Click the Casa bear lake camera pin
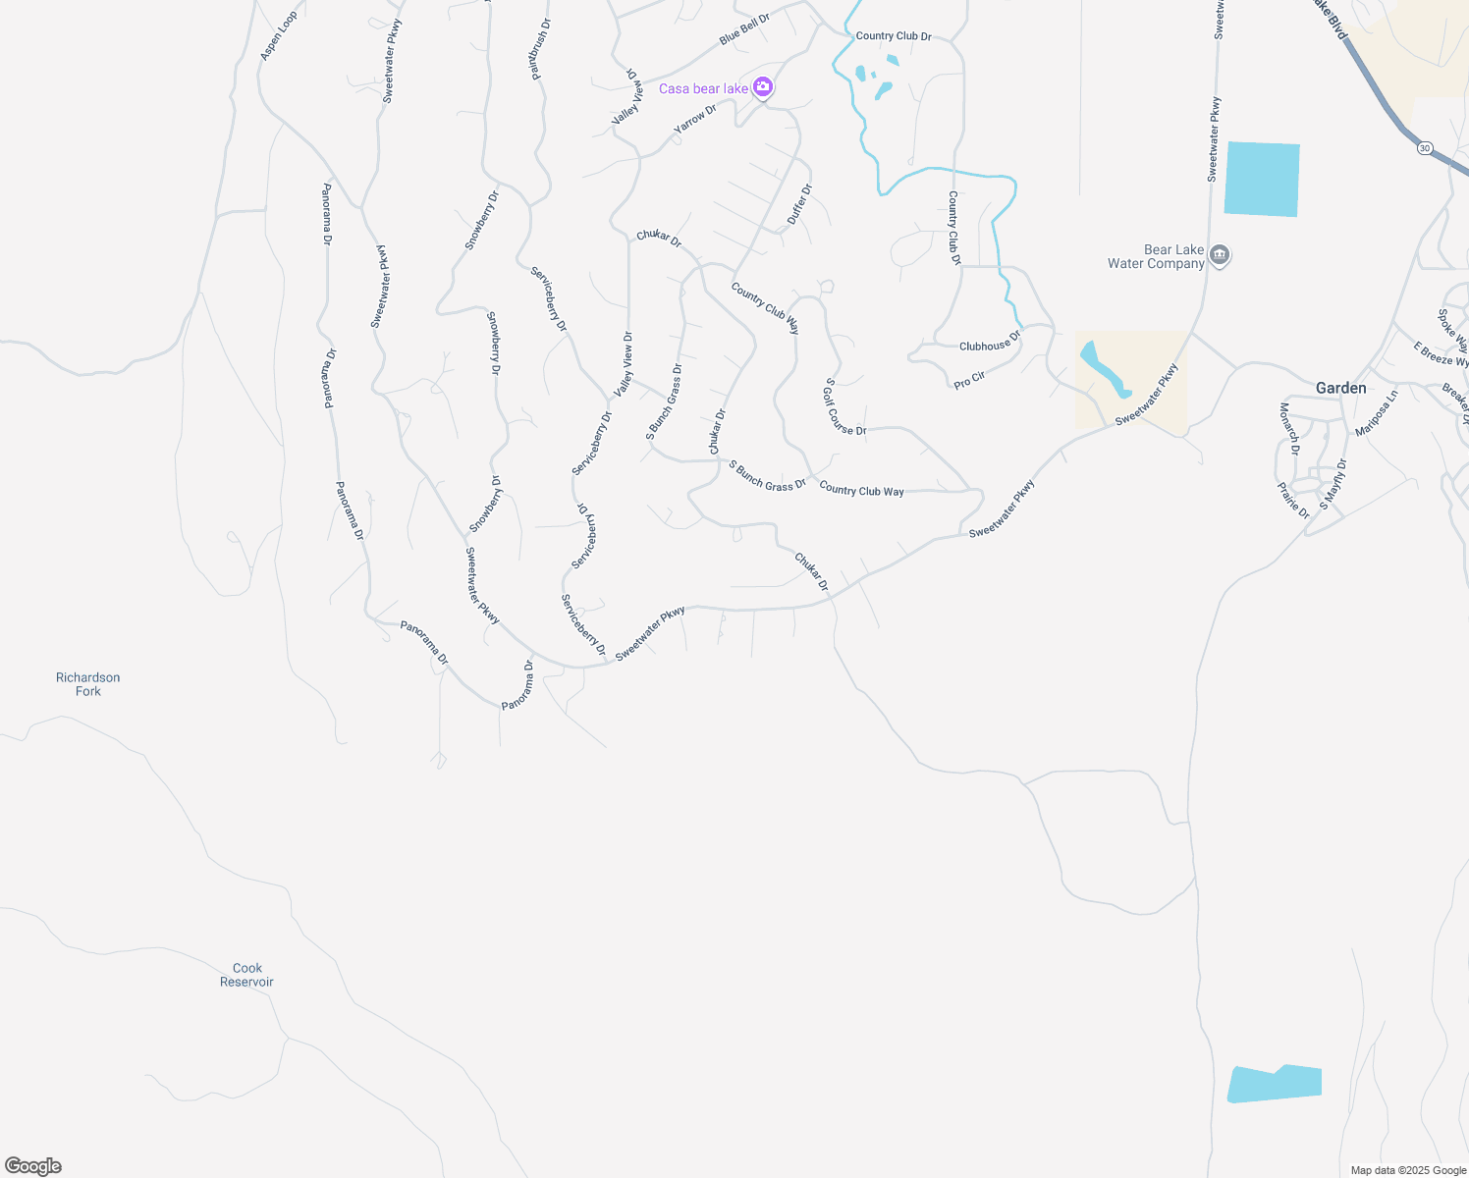click(763, 87)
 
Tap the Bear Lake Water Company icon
click(1220, 256)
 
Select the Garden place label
click(1340, 389)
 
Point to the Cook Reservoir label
click(246, 975)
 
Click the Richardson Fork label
click(87, 684)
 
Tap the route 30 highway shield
click(1425, 148)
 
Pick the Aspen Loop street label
click(278, 37)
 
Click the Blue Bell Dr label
click(744, 29)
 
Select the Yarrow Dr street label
click(695, 120)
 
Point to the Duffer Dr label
click(799, 204)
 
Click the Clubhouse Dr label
click(990, 342)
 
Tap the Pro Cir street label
click(969, 380)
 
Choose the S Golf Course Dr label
click(844, 408)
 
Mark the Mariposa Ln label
click(1376, 414)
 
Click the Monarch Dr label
click(1289, 429)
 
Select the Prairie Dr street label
click(1293, 500)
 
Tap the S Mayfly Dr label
click(1333, 484)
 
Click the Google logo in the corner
click(32, 1166)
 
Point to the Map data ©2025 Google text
click(1408, 1170)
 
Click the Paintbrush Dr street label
click(539, 48)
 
